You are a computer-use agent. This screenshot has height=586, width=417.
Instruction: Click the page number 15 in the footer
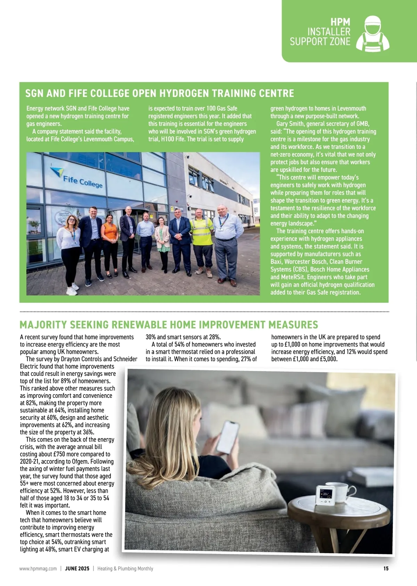coord(386,569)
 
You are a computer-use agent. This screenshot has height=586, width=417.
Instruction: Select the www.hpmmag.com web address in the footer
coord(38,569)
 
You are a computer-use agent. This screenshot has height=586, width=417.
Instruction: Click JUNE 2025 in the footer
coord(77,569)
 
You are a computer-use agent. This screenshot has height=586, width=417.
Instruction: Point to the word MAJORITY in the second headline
coord(43,325)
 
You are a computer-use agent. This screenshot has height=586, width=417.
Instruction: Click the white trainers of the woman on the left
coord(72,289)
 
